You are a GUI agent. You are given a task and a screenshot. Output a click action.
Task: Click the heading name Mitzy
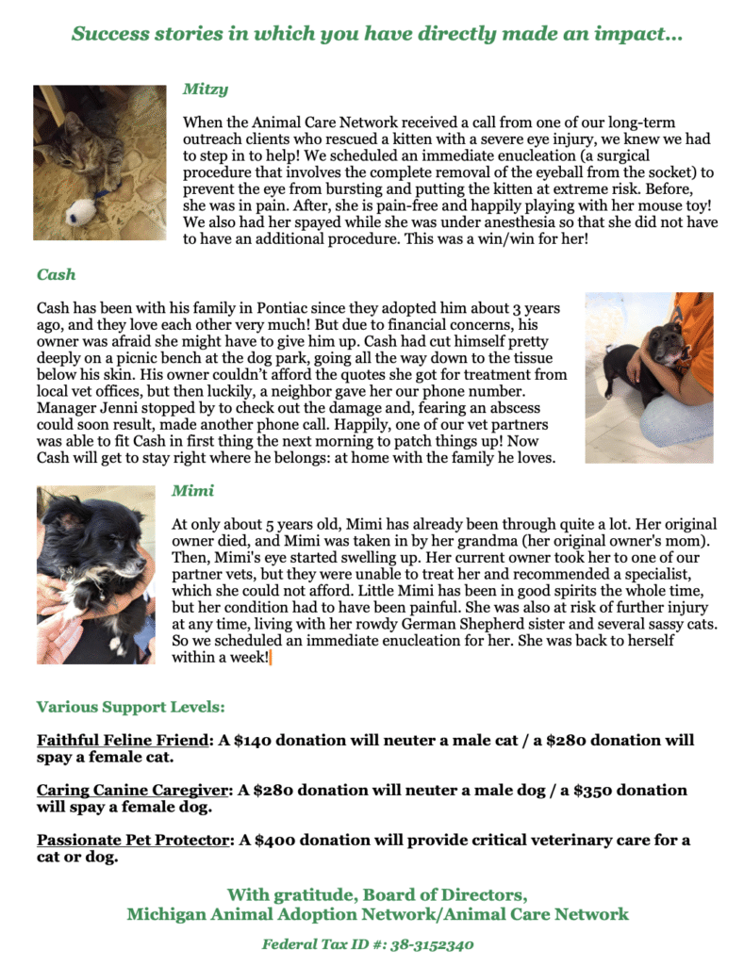[205, 90]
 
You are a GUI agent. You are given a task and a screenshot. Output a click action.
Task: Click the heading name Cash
[56, 275]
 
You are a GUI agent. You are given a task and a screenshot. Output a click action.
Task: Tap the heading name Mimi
[192, 491]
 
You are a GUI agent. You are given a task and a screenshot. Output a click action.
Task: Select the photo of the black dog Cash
[649, 377]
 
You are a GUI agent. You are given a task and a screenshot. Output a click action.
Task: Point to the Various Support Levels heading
[131, 707]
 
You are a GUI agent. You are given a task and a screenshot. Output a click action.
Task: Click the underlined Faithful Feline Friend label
[122, 741]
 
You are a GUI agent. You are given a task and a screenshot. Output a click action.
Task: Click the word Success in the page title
[110, 35]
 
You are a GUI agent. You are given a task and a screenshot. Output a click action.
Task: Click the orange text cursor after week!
[271, 658]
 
